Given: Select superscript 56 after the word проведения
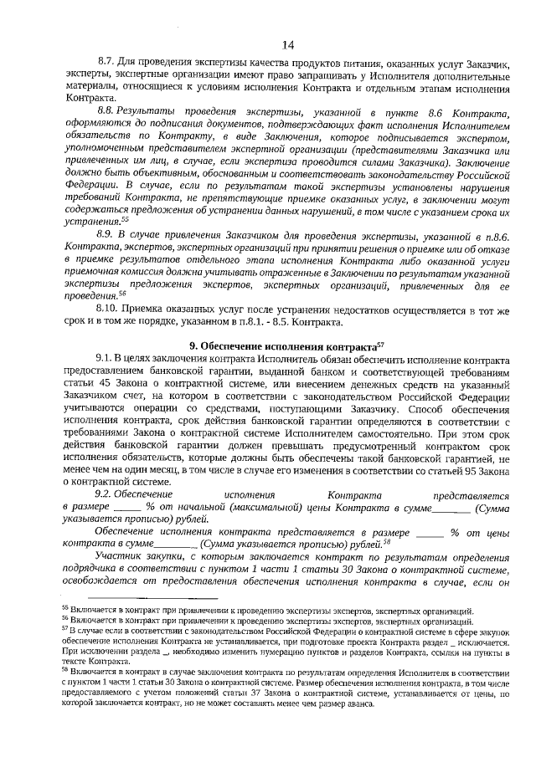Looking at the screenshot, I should click(x=125, y=294).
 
